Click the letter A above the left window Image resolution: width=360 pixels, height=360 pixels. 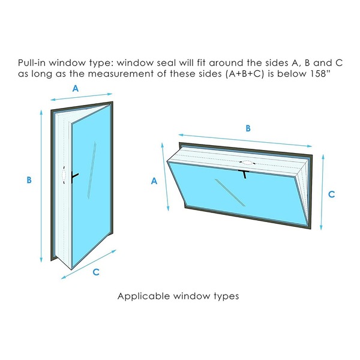click(x=76, y=88)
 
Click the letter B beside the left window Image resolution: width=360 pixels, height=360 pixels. click(x=29, y=180)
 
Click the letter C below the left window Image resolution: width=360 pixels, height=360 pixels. click(x=96, y=272)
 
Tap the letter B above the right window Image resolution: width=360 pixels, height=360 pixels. click(x=248, y=128)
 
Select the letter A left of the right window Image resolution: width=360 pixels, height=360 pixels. click(x=154, y=181)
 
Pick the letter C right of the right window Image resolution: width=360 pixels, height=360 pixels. click(x=332, y=194)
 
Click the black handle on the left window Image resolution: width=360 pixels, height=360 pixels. click(x=74, y=177)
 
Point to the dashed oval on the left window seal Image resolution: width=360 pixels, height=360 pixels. click(x=64, y=175)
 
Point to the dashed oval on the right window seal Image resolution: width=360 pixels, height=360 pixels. click(x=247, y=163)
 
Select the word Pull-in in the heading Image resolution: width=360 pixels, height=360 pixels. click(x=32, y=62)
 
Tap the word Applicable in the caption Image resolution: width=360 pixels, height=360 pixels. click(x=143, y=296)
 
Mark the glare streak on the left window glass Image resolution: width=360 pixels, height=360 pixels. click(x=91, y=170)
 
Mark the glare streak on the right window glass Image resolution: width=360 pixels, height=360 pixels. click(x=230, y=193)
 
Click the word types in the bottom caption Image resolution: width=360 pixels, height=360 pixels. click(x=226, y=296)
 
